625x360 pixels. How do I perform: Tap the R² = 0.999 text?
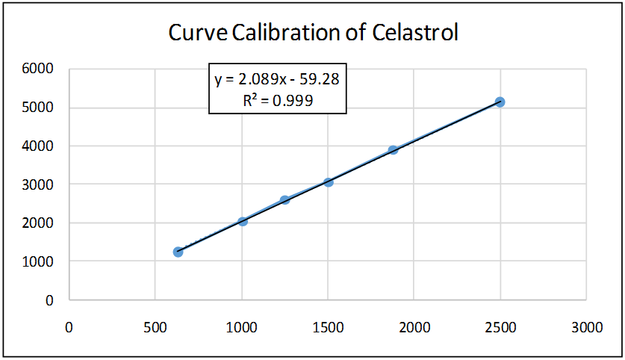click(278, 99)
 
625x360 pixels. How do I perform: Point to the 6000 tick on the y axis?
click(39, 69)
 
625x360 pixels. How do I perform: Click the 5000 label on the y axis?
click(39, 108)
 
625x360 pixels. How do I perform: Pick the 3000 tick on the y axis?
click(39, 184)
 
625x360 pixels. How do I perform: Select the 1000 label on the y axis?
click(39, 261)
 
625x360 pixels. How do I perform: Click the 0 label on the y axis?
click(49, 300)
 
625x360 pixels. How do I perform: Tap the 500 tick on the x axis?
click(155, 326)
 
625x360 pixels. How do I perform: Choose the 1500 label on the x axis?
click(327, 326)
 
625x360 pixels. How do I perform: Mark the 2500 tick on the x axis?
click(500, 326)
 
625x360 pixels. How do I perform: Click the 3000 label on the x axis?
click(586, 326)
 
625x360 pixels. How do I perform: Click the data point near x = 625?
click(178, 252)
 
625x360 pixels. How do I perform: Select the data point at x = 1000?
click(243, 221)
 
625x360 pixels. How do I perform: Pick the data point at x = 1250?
click(284, 200)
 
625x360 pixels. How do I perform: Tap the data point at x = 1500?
click(329, 182)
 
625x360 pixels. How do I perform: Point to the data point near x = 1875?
click(393, 150)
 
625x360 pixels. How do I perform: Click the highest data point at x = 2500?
click(500, 102)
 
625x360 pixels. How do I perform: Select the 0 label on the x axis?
click(69, 326)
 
